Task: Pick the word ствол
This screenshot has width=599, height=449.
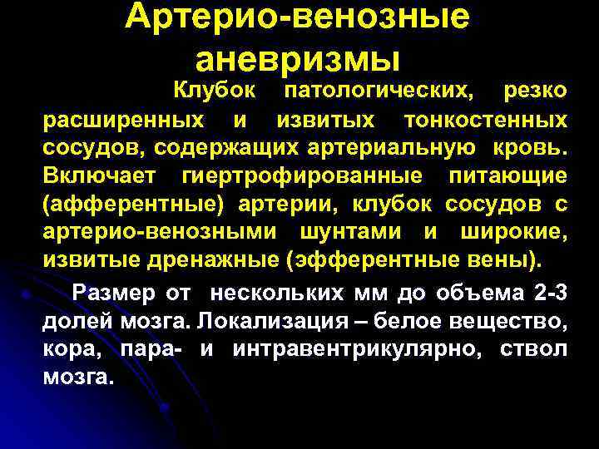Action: [x=535, y=348]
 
